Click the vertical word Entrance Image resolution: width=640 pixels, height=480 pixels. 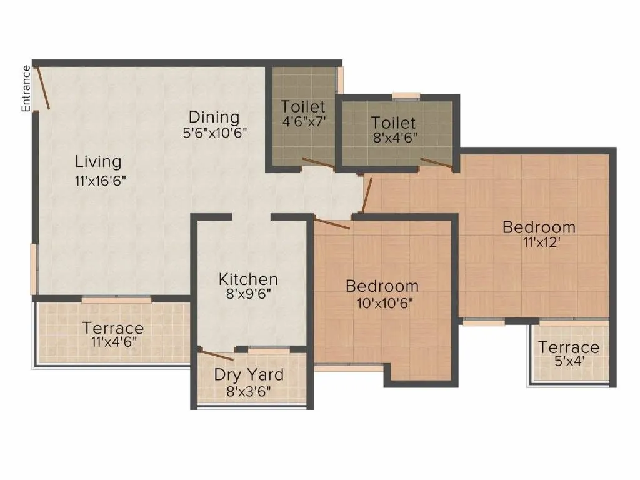pyautogui.click(x=26, y=88)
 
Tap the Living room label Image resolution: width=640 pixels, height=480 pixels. pyautogui.click(x=98, y=161)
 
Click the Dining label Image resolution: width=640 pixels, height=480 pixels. pyautogui.click(x=214, y=117)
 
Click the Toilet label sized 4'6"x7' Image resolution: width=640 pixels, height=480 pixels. pyautogui.click(x=303, y=106)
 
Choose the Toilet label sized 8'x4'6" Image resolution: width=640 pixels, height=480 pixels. pyautogui.click(x=393, y=122)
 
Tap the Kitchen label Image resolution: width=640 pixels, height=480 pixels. pyautogui.click(x=248, y=279)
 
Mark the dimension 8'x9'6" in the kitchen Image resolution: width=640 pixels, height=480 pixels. pyautogui.click(x=248, y=295)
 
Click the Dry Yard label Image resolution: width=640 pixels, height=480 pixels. pyautogui.click(x=249, y=375)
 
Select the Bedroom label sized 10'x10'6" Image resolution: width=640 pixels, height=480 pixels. pyautogui.click(x=382, y=286)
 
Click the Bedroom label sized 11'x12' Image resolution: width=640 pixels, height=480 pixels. pyautogui.click(x=539, y=227)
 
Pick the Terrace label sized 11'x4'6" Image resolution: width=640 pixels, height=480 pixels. pyautogui.click(x=113, y=328)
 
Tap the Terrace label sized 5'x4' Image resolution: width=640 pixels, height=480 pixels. pyautogui.click(x=569, y=347)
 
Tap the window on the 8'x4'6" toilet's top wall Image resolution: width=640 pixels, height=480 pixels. pyautogui.click(x=406, y=96)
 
